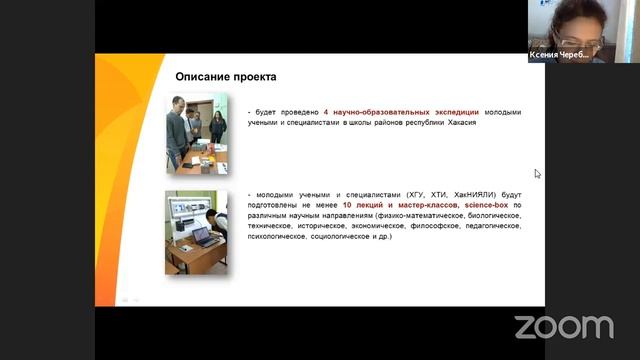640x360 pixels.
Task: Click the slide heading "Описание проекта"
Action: [x=226, y=77]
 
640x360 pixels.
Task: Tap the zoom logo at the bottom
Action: [x=563, y=326]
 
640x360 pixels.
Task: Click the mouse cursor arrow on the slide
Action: [x=538, y=174]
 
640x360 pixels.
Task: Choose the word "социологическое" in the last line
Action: [x=328, y=237]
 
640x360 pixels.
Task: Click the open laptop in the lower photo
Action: [x=205, y=237]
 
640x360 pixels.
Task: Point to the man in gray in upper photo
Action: [x=177, y=125]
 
